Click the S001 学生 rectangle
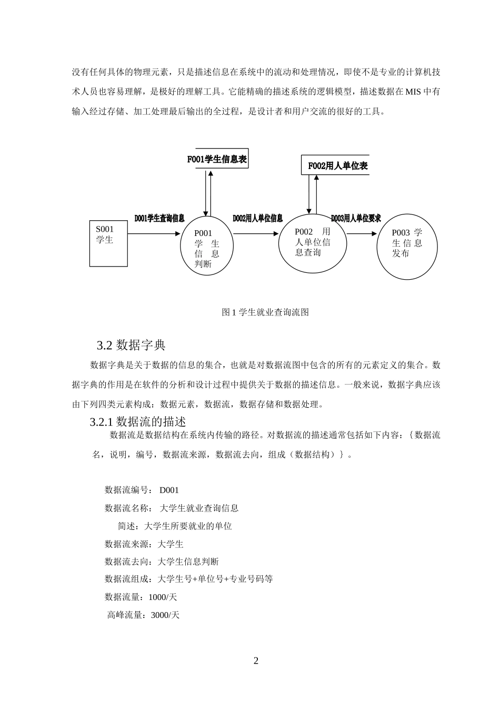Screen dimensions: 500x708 pyautogui.click(x=108, y=244)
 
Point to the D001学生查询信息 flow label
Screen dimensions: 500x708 pyautogui.click(x=159, y=218)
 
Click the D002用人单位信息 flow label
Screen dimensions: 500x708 pyautogui.click(x=258, y=218)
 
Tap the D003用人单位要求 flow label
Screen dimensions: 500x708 pyautogui.click(x=356, y=218)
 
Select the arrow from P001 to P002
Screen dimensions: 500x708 pyautogui.click(x=256, y=234)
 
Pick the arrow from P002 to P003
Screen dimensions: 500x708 pyautogui.click(x=362, y=234)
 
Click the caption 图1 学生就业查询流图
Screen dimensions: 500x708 pyautogui.click(x=265, y=312)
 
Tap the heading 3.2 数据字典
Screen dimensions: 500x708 pyautogui.click(x=131, y=346)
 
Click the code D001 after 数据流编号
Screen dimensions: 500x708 pyautogui.click(x=169, y=490)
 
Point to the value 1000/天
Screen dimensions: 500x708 pyautogui.click(x=163, y=597)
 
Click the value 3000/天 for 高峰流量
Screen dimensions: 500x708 pyautogui.click(x=165, y=615)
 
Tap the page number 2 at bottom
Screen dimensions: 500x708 pyautogui.click(x=256, y=661)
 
